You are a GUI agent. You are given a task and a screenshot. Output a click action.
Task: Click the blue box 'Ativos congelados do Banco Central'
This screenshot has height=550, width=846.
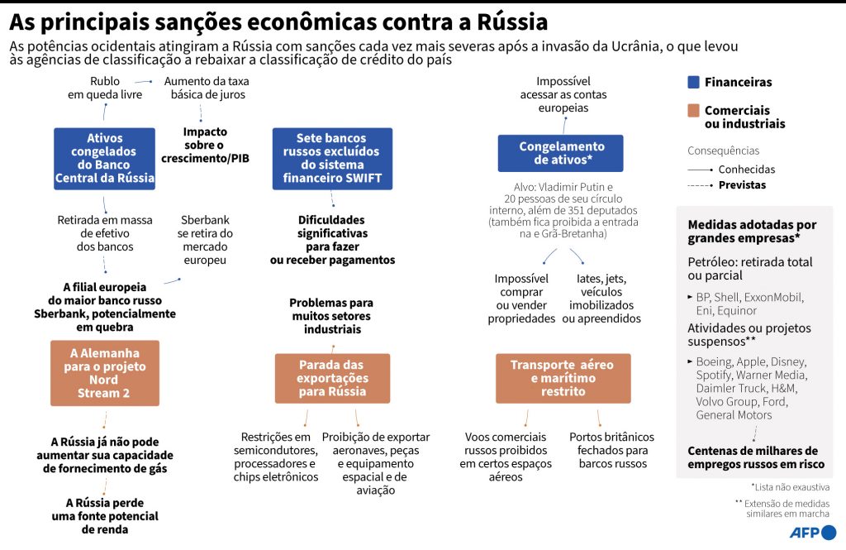pyautogui.click(x=104, y=158)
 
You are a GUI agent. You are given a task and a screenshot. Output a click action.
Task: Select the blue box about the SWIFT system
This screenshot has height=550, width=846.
pyautogui.click(x=331, y=158)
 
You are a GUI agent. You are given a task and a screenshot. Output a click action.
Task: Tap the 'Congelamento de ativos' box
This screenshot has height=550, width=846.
pyautogui.click(x=561, y=153)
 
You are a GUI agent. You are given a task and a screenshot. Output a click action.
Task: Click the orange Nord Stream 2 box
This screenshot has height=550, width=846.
pyautogui.click(x=104, y=373)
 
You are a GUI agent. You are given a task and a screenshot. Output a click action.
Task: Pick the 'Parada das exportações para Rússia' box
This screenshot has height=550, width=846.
pyautogui.click(x=332, y=378)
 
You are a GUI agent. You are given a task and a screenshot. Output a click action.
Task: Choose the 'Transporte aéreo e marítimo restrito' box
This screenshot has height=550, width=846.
pyautogui.click(x=563, y=378)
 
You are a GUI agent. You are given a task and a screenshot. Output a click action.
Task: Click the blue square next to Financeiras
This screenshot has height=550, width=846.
pyautogui.click(x=694, y=82)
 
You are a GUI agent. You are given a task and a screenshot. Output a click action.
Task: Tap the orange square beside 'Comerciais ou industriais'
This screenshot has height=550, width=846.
pyautogui.click(x=694, y=111)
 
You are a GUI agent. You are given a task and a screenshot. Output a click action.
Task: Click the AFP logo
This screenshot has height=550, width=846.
pyautogui.click(x=813, y=532)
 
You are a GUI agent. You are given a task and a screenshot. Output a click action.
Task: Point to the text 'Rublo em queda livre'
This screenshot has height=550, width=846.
pyautogui.click(x=105, y=88)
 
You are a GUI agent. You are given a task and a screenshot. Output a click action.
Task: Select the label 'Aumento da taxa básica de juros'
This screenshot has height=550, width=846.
pyautogui.click(x=207, y=88)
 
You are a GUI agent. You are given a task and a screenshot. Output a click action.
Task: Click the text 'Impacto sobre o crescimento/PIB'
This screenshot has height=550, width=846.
pyautogui.click(x=205, y=145)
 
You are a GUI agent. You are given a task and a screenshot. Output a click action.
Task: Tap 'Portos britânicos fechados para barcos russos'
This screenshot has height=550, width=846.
pyautogui.click(x=611, y=450)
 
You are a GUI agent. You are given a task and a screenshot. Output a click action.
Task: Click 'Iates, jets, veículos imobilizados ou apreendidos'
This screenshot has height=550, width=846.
pyautogui.click(x=601, y=299)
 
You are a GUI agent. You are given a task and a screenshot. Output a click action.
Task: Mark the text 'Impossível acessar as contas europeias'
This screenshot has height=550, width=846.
pyautogui.click(x=563, y=94)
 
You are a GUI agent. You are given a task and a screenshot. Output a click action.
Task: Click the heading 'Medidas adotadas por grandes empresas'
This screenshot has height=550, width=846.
pyautogui.click(x=752, y=231)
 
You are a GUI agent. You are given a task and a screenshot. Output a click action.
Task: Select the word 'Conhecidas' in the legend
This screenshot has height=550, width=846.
pyautogui.click(x=747, y=170)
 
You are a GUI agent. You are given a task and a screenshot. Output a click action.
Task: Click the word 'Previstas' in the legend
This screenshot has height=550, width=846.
pyautogui.click(x=742, y=184)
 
